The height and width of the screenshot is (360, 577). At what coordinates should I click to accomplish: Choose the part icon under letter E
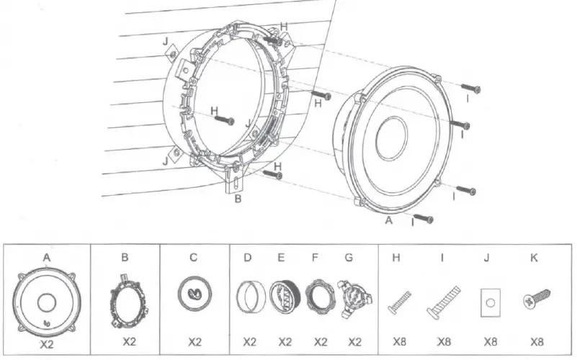click(282, 296)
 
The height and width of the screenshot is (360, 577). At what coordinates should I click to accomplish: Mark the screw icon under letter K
click(536, 295)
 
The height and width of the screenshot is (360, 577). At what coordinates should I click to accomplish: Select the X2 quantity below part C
click(194, 342)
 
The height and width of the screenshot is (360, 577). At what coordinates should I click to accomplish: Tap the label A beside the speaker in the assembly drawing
click(389, 222)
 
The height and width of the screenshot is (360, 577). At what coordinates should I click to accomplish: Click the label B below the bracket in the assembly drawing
click(237, 198)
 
